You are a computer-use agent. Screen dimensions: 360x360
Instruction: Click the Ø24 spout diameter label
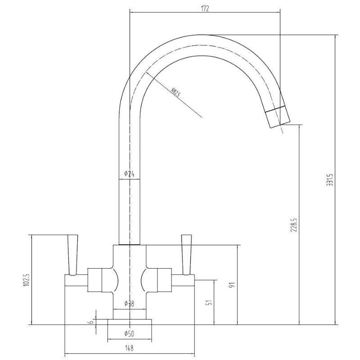coord(129,174)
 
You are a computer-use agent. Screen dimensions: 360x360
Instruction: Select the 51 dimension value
coord(208,303)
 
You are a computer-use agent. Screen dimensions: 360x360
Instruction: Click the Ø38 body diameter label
coord(130,304)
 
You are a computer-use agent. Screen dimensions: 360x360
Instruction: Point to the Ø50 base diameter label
coord(130,333)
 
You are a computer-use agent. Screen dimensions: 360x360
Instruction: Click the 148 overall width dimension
coord(130,348)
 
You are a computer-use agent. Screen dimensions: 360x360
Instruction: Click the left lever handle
coord(72,254)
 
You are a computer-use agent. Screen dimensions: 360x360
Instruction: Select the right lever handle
coord(186,254)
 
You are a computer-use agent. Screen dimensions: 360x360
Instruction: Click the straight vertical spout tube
coord(129,202)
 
